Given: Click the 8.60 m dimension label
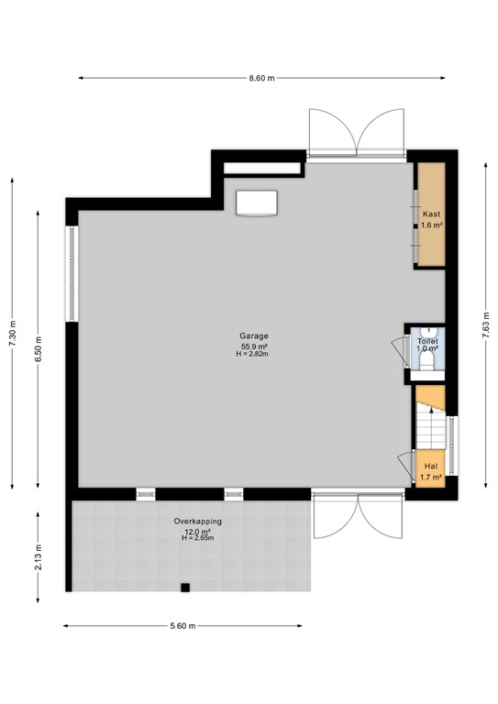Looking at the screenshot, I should [x=262, y=78].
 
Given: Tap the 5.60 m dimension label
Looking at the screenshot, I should [x=184, y=626].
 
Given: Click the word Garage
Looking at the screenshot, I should [x=254, y=336].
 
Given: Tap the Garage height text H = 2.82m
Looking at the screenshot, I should [x=254, y=354].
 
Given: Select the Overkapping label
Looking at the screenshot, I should [x=197, y=522].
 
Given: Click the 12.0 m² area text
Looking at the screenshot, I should [x=197, y=531].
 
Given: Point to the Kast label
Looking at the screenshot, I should [x=431, y=214].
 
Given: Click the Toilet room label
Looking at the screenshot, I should [x=427, y=340].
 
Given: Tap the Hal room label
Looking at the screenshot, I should [x=431, y=466].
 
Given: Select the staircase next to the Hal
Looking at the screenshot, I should [x=431, y=417].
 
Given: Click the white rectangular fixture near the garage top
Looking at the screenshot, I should [x=257, y=202].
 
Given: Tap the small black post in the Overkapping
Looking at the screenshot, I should [x=184, y=587].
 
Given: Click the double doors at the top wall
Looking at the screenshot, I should [x=357, y=133].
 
